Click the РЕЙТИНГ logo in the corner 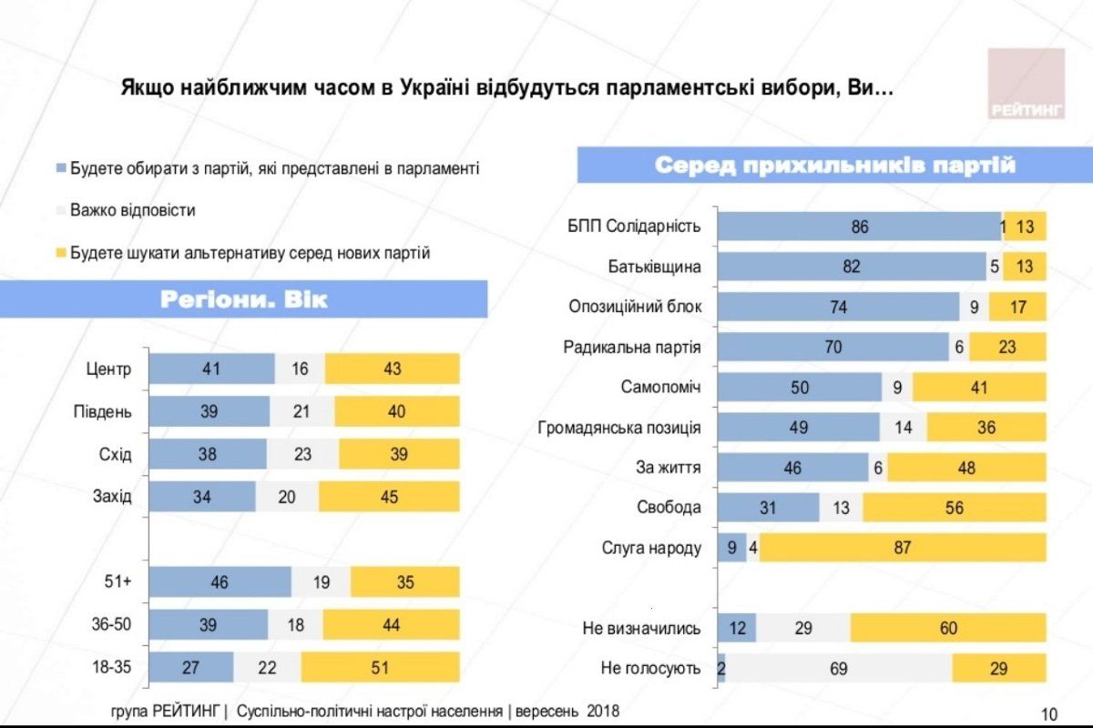pos(1026,83)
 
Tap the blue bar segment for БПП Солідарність pos(859,227)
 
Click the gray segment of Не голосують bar pos(838,668)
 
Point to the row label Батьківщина pos(654,267)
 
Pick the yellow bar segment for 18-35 pos(380,668)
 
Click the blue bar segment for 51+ pos(220,582)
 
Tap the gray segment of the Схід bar pos(302,454)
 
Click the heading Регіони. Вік pos(243,299)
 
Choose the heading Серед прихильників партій pos(835,166)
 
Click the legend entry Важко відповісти pos(132,210)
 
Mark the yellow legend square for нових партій pos(61,253)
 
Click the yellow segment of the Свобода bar pos(954,508)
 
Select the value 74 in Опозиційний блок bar pos(837,308)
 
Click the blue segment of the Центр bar pos(211,369)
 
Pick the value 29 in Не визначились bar pos(802,629)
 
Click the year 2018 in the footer pos(602,711)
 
